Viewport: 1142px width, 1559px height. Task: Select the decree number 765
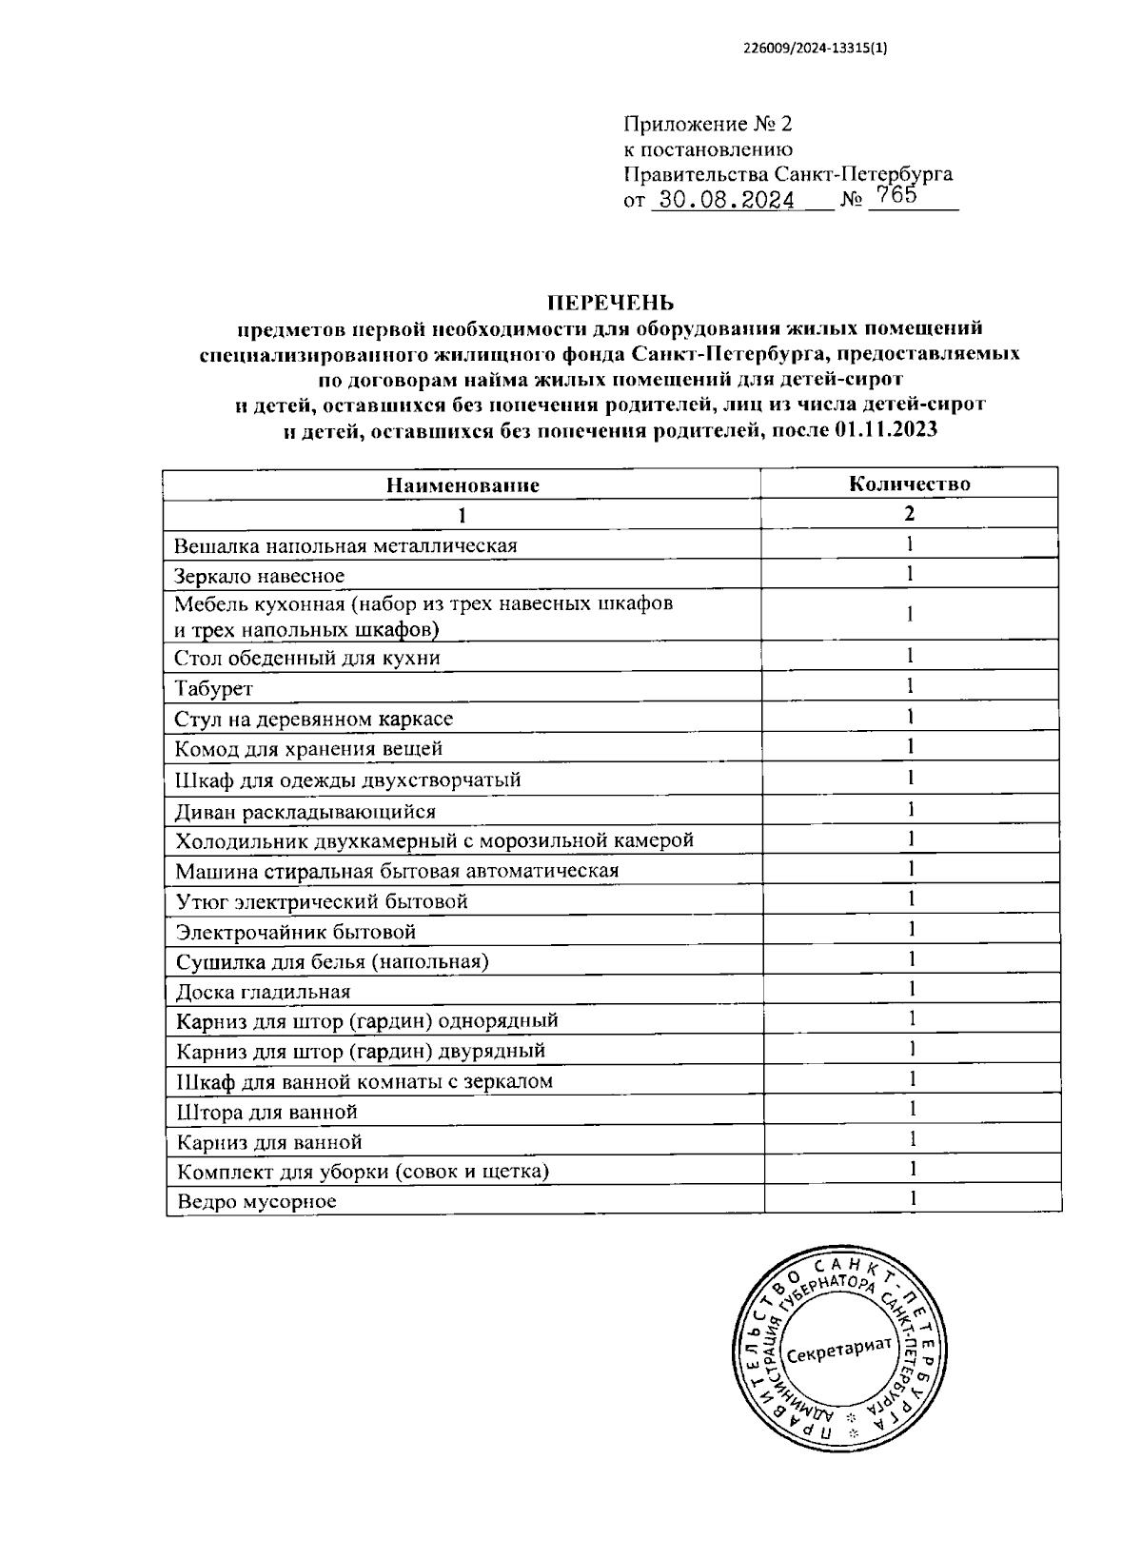(x=896, y=195)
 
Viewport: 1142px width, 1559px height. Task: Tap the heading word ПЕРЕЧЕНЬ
(x=609, y=303)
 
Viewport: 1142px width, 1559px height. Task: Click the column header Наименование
(x=463, y=484)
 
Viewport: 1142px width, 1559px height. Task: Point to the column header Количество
(x=910, y=483)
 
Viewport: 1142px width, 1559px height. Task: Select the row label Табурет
(x=214, y=688)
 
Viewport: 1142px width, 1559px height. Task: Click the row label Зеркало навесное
(x=259, y=576)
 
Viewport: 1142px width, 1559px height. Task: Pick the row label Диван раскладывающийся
(x=305, y=812)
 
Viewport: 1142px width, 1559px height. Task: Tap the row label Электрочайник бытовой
(x=296, y=932)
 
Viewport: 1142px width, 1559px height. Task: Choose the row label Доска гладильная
(x=263, y=992)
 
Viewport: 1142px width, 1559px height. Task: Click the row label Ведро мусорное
(x=257, y=1201)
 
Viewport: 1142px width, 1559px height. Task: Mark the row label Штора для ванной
(x=266, y=1112)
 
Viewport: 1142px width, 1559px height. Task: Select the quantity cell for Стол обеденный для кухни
(x=910, y=655)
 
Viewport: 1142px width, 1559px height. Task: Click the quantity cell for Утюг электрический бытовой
(x=910, y=898)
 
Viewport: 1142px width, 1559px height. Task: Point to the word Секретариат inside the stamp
(x=839, y=1348)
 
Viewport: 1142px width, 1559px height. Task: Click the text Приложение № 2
(x=707, y=124)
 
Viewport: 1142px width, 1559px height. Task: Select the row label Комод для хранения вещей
(x=309, y=749)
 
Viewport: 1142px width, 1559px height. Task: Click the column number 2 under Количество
(x=910, y=513)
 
